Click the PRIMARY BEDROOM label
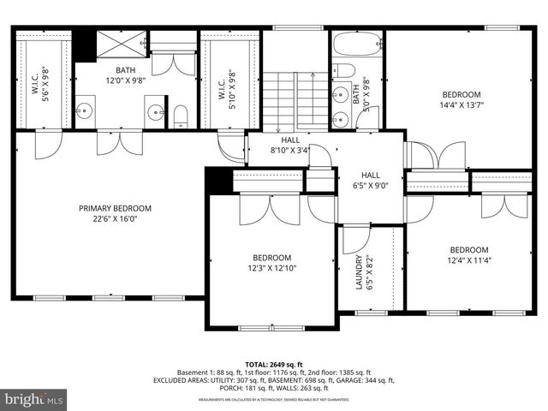[115, 208]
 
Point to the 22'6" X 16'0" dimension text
[115, 218]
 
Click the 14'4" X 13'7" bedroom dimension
[461, 105]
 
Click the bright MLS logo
[34, 399]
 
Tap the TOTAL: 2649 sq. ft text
[273, 364]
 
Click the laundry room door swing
[354, 241]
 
